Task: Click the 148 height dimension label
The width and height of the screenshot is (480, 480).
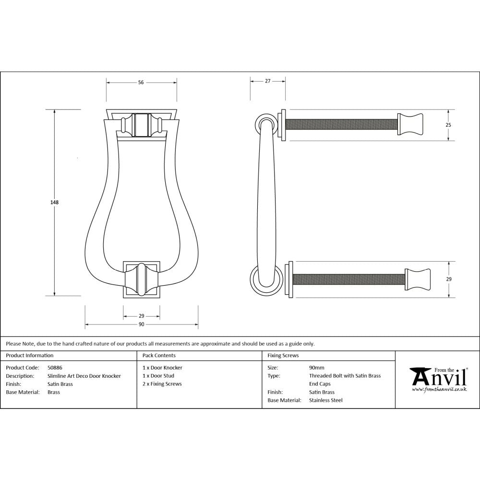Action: point(54,202)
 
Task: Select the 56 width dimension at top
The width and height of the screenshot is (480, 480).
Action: point(141,83)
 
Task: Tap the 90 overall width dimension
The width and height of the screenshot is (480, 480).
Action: point(142,325)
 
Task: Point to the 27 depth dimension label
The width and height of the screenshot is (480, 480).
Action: point(268,81)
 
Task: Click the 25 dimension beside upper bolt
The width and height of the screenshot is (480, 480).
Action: point(448,125)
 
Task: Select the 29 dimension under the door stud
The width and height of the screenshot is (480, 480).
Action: point(142,316)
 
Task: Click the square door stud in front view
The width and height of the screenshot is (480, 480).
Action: point(142,279)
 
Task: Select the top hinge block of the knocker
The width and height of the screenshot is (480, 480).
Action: point(141,125)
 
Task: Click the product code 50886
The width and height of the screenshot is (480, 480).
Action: point(55,368)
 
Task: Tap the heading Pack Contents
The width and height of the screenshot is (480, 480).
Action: point(159,356)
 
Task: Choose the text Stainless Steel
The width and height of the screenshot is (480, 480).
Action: point(326,400)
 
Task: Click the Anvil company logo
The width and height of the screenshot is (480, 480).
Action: point(437,380)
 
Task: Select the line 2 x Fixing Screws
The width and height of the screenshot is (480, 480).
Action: point(162,384)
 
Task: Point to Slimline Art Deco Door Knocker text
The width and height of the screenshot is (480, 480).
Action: point(84,376)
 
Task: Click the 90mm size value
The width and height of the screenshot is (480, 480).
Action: point(317,368)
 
